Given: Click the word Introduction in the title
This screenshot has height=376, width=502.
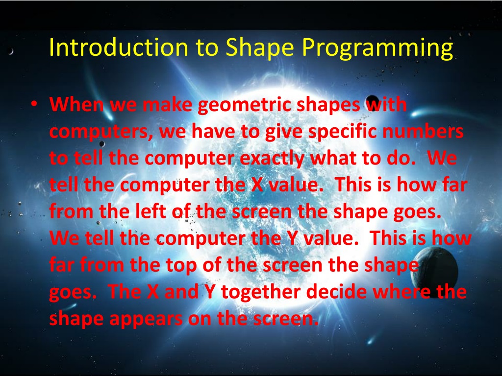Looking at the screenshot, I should [119, 47].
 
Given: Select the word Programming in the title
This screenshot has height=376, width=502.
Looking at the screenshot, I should [377, 48].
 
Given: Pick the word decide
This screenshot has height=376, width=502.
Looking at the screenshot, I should [338, 292].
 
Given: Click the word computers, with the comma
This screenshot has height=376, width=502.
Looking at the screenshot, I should [98, 133].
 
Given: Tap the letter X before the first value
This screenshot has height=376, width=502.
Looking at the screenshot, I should [256, 186].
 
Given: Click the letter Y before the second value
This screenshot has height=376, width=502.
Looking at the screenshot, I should [291, 238].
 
